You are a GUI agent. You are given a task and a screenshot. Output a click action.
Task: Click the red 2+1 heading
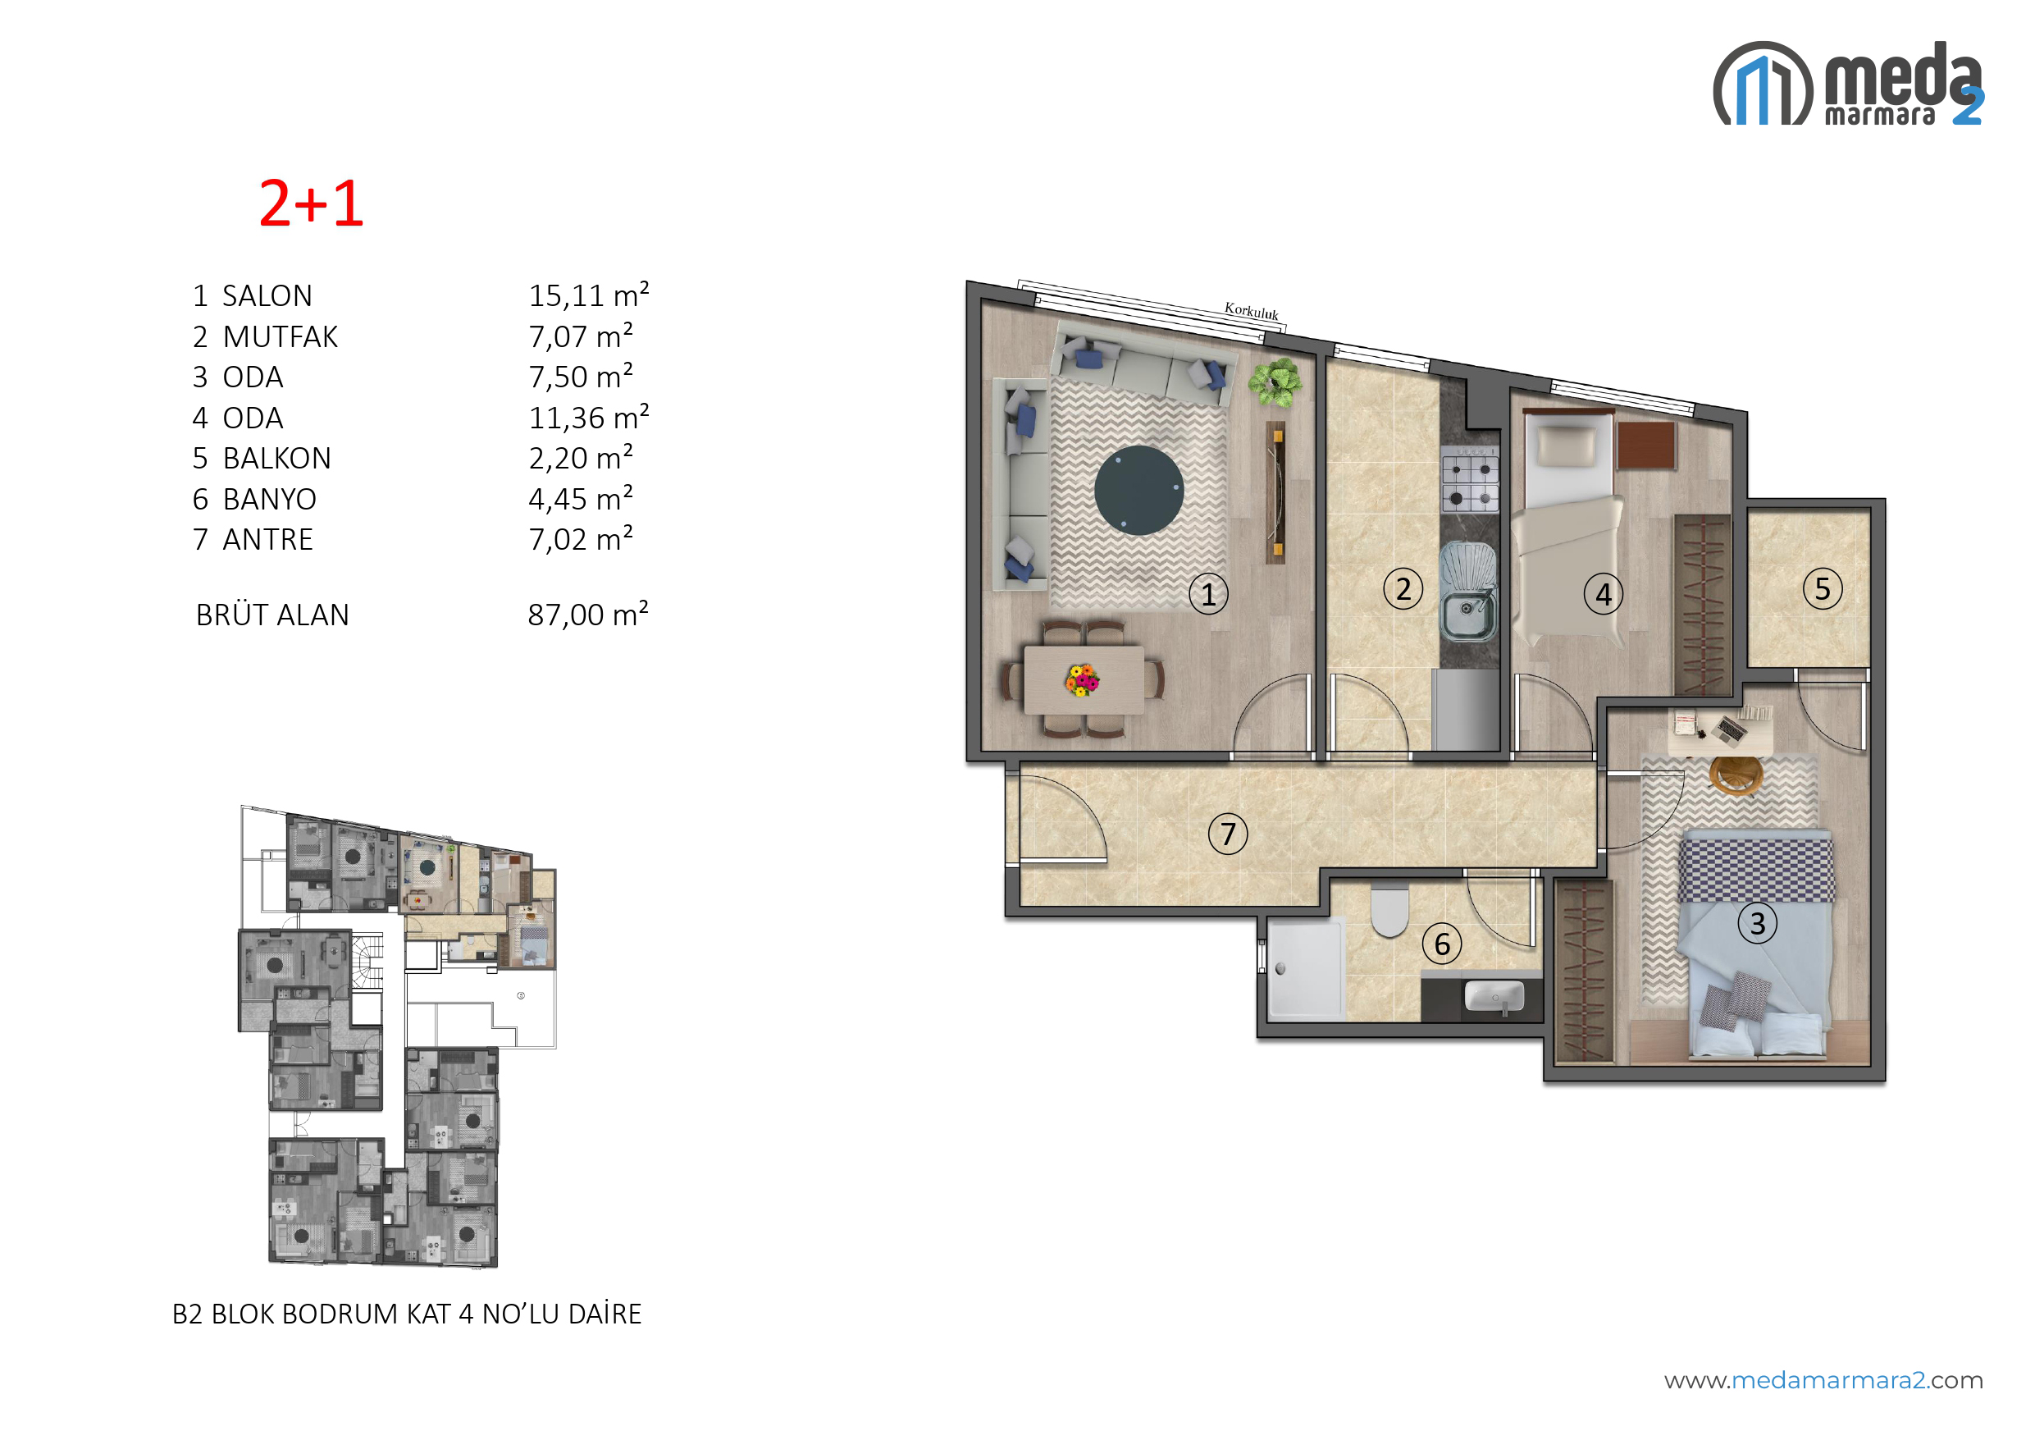311,204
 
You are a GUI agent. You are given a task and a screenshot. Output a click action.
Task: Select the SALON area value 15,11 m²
589,295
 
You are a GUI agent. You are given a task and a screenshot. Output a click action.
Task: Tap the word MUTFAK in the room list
280,337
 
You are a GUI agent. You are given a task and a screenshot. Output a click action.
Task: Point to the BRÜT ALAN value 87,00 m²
587,614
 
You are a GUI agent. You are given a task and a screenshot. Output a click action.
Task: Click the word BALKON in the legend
276,459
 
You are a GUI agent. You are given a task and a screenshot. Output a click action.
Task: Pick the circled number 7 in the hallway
1228,834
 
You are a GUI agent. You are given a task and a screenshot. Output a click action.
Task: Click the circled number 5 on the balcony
1823,589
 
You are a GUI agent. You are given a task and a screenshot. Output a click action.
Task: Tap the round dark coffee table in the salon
1139,490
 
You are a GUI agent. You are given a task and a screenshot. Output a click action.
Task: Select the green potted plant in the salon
1275,382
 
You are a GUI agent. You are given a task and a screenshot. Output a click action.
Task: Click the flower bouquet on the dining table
1081,680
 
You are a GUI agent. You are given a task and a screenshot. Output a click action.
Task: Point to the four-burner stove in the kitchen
1470,480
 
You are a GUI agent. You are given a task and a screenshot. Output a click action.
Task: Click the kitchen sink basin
1467,614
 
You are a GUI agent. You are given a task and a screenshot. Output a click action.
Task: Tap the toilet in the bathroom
1389,910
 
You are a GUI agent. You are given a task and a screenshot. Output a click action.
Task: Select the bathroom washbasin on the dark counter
1494,996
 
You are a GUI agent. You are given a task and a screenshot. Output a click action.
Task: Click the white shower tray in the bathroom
1307,967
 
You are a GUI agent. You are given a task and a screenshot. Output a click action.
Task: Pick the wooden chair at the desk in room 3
1736,776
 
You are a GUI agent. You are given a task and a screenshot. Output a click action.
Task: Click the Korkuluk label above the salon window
1252,311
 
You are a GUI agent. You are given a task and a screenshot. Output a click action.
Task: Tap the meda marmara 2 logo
1848,84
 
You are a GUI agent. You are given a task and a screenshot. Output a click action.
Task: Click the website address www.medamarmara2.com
1823,1381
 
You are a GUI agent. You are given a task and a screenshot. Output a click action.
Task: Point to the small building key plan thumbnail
398,1036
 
